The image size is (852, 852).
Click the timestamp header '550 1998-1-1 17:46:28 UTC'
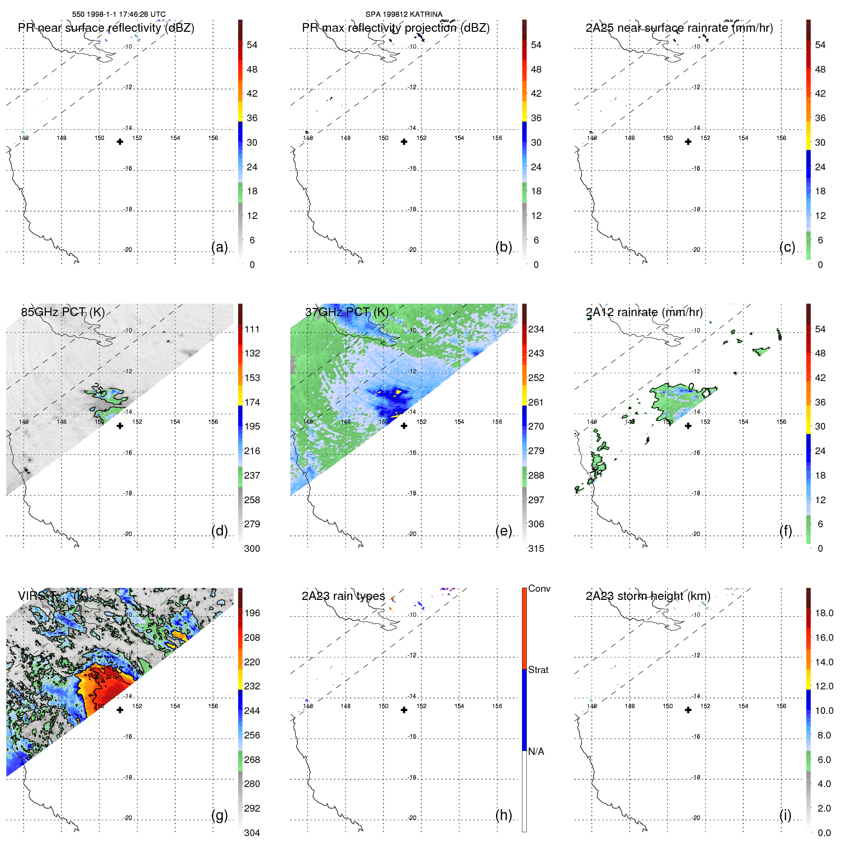[x=118, y=14]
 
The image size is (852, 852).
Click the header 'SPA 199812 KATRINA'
[x=404, y=14]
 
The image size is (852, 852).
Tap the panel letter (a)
[x=219, y=247]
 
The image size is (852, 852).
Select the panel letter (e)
[x=503, y=531]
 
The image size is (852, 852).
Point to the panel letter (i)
[x=785, y=815]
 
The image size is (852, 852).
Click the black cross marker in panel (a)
[x=120, y=142]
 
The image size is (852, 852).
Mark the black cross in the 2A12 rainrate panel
[x=688, y=426]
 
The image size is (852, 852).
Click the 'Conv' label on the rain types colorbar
[x=539, y=589]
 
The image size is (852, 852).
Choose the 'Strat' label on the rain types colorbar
[x=538, y=670]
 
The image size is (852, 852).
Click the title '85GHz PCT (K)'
[x=63, y=312]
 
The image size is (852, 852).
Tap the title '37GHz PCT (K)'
[x=346, y=312]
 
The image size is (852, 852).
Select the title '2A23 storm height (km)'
[x=648, y=596]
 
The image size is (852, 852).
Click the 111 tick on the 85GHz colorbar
[x=252, y=329]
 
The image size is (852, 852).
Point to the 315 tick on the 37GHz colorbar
[x=536, y=548]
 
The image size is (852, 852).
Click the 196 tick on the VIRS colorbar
[x=252, y=613]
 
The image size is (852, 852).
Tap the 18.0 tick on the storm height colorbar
[x=824, y=613]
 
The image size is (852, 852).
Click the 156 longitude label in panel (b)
[x=497, y=138]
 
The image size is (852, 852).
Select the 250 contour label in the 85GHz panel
[x=99, y=390]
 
